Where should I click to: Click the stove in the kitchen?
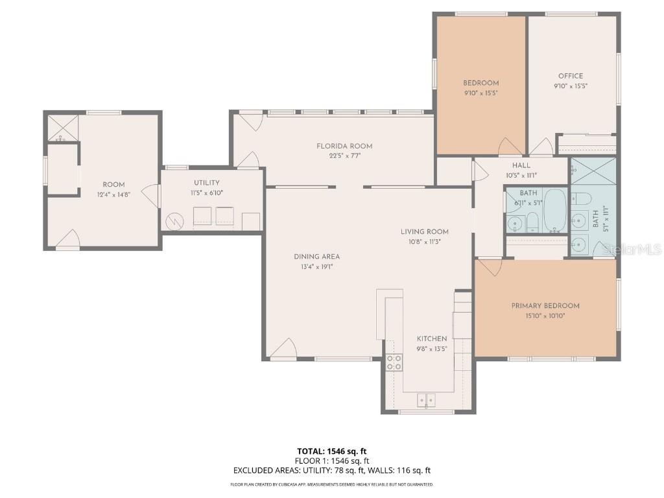[x=393, y=363]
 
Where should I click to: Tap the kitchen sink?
[x=426, y=401]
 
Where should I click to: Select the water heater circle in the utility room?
[x=175, y=222]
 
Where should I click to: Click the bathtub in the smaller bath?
[x=555, y=210]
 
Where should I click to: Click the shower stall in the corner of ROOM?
[x=62, y=128]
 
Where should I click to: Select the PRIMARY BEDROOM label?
[x=545, y=306]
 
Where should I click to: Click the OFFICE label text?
[x=571, y=76]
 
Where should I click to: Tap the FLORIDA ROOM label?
[x=344, y=146]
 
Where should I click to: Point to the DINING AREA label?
[x=316, y=257]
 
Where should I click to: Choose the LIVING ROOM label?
[x=424, y=231]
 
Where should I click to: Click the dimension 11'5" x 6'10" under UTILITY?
[x=206, y=193]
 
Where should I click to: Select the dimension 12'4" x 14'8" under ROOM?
[x=113, y=195]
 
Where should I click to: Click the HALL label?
[x=521, y=166]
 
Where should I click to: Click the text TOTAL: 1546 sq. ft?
[x=331, y=451]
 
